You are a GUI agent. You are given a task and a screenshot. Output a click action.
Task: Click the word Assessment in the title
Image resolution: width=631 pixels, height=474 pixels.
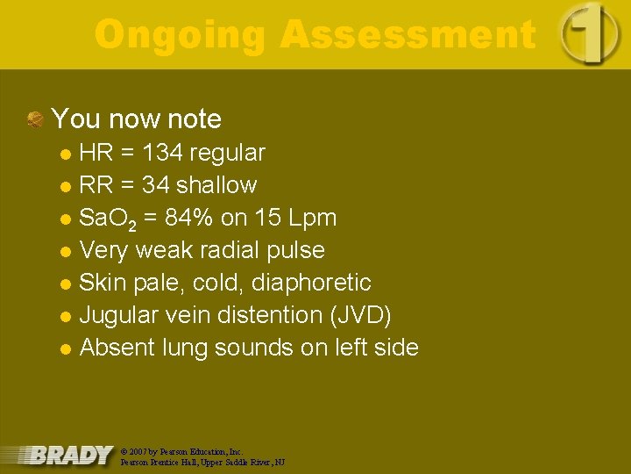[408, 35]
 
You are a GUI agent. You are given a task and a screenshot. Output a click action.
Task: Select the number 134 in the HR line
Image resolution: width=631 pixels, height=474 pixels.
[162, 153]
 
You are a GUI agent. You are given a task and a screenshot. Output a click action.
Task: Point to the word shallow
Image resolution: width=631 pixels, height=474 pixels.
[216, 185]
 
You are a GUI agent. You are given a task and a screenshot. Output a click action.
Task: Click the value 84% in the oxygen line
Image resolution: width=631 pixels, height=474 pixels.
[199, 218]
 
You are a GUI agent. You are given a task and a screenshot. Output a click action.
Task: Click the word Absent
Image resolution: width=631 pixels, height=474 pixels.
[118, 348]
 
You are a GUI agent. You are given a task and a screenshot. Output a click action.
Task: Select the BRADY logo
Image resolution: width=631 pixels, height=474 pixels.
[70, 455]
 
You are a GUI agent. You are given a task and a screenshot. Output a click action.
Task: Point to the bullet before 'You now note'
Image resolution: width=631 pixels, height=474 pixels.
[35, 119]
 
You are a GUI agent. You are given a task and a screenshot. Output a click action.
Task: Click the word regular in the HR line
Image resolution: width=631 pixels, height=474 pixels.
[227, 153]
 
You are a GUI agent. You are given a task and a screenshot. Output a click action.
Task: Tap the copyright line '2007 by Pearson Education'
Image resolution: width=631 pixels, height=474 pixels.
[181, 450]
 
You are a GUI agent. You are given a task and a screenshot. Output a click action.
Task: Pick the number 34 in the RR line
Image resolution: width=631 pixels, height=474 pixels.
[154, 185]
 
